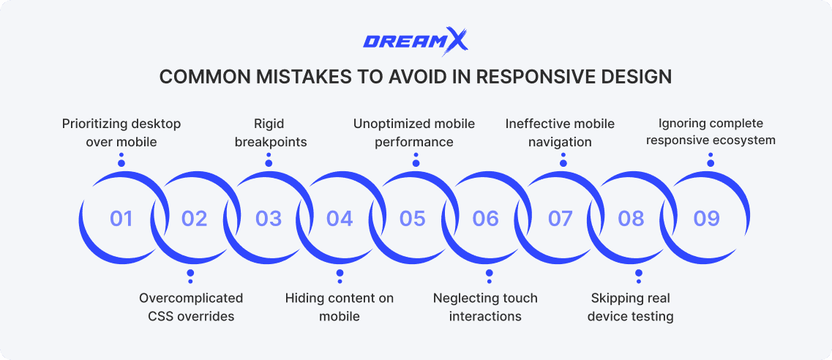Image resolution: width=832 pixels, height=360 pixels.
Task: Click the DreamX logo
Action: (x=415, y=41)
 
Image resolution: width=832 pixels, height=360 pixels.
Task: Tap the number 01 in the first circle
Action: (x=121, y=218)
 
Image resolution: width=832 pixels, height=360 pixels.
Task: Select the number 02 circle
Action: (x=195, y=218)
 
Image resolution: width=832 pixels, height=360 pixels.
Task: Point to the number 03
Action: (x=269, y=218)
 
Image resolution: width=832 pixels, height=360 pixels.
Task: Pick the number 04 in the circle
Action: (x=340, y=218)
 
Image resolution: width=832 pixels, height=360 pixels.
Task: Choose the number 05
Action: (x=413, y=218)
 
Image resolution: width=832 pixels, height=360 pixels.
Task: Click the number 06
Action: (x=485, y=218)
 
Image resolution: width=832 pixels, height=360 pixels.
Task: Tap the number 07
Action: (x=560, y=218)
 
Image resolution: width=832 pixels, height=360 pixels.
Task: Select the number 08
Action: (x=632, y=218)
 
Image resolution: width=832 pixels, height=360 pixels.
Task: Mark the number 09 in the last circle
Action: (x=707, y=218)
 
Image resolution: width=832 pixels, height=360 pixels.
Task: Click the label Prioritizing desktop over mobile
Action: (x=121, y=132)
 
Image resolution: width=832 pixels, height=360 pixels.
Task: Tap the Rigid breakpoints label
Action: (x=270, y=132)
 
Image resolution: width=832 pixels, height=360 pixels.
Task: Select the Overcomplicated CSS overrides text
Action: (x=191, y=307)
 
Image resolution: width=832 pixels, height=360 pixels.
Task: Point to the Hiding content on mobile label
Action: (x=339, y=307)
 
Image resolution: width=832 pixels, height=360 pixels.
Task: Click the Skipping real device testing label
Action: (x=630, y=307)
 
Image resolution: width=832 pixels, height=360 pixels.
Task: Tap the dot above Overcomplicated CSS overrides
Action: (x=190, y=274)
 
